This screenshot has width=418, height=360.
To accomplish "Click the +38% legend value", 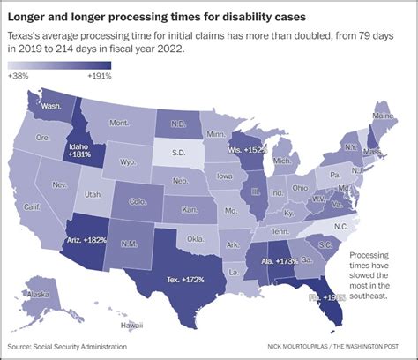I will pos(19,77).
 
